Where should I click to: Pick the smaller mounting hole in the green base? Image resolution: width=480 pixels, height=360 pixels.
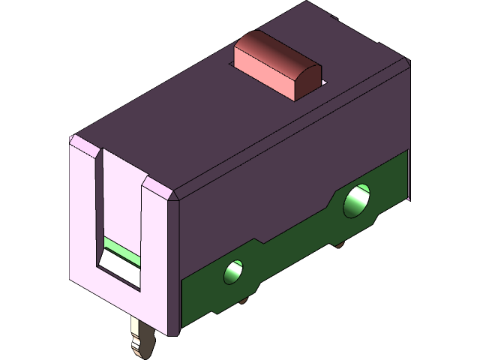235,272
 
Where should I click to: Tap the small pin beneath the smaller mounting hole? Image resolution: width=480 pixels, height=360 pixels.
246,302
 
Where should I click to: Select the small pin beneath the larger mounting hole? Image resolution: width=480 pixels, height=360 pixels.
340,243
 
